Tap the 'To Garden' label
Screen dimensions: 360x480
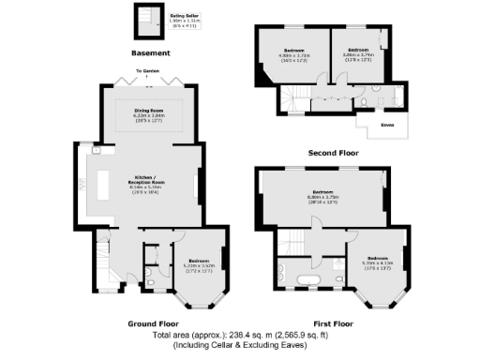pos(145,71)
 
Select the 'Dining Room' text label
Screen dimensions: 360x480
pos(143,112)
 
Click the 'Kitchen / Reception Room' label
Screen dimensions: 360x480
pos(144,180)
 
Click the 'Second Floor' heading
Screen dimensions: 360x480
pos(334,152)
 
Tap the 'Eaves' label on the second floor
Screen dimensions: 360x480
pos(386,123)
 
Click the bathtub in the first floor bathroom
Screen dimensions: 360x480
pos(307,278)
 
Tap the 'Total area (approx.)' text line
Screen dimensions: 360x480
pos(239,334)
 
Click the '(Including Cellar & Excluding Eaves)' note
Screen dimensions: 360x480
pos(239,345)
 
